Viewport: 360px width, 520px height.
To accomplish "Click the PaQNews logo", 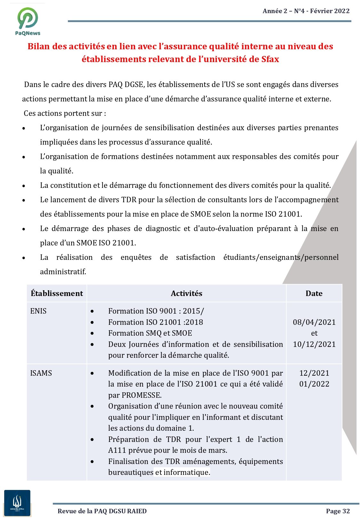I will click(28, 21).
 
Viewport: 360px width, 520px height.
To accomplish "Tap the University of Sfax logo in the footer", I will click(17, 503).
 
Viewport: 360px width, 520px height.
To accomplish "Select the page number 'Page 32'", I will click(338, 511).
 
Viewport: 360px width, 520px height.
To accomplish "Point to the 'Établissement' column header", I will click(57, 293).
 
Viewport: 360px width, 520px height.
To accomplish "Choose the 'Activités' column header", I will click(187, 293).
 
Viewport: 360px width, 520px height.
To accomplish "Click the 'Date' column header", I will click(314, 293).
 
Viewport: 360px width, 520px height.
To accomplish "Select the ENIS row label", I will click(38, 311).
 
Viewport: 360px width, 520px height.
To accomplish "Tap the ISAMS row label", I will click(41, 373).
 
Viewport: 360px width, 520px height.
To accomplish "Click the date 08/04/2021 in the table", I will click(314, 322).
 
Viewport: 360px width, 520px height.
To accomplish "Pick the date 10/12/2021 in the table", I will click(314, 344).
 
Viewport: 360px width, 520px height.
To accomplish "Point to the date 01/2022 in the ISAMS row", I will click(314, 384).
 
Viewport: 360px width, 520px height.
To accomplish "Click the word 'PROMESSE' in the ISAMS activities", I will click(141, 395).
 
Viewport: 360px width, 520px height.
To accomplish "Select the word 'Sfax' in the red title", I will click(270, 59).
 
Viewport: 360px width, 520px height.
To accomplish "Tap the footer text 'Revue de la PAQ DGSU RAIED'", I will click(102, 511).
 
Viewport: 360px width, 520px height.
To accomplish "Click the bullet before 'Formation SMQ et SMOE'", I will click(92, 333).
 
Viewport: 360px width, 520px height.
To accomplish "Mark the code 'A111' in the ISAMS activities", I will click(117, 451).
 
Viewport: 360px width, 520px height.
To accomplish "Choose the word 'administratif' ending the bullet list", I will click(63, 272).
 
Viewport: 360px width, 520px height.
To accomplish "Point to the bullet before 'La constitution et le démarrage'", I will click(24, 186).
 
